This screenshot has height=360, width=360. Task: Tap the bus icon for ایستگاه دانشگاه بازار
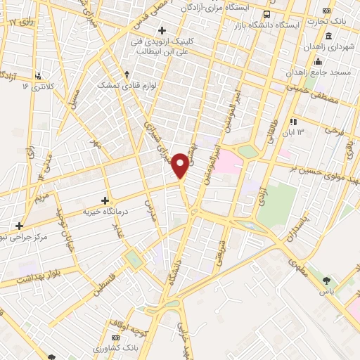click(x=266, y=14)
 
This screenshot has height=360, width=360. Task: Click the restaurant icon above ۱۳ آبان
click(x=293, y=122)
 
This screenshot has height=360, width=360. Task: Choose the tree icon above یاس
click(x=326, y=280)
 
